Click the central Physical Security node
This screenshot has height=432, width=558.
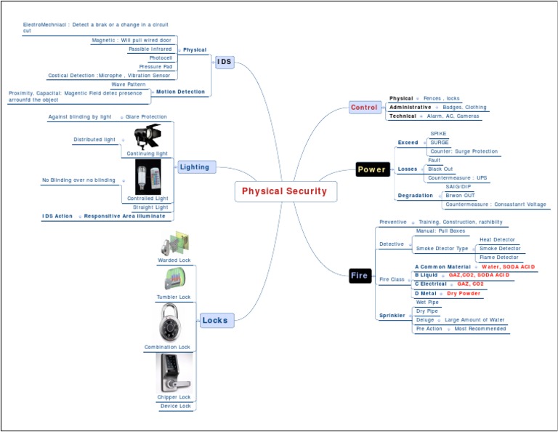(x=284, y=191)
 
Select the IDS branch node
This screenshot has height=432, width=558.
(x=225, y=62)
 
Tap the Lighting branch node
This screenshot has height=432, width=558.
(x=195, y=167)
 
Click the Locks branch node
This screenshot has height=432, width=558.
(x=214, y=320)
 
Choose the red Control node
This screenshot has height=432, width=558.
(x=364, y=108)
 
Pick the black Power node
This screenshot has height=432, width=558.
(x=371, y=169)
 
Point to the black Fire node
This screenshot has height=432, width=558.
(x=360, y=276)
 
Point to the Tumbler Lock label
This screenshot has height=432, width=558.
(x=174, y=297)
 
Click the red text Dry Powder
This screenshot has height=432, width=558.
(x=464, y=293)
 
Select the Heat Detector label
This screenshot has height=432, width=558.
(x=497, y=239)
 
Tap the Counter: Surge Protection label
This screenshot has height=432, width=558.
(x=464, y=151)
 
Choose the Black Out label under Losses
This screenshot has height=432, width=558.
(x=441, y=169)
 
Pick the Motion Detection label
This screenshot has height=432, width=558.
(x=180, y=92)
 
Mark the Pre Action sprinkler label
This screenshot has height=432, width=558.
(x=429, y=329)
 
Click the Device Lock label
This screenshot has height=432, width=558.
(x=175, y=406)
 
